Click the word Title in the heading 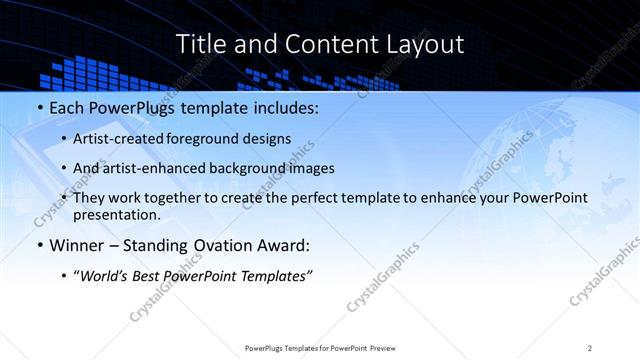click(200, 44)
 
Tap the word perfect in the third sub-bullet click(341, 198)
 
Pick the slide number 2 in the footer click(590, 348)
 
